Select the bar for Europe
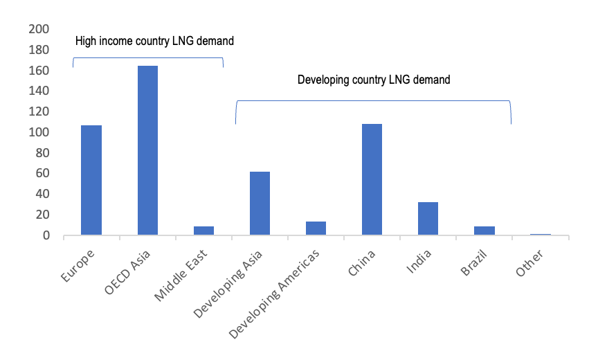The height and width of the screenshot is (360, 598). click(91, 180)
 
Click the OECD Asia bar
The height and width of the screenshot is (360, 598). click(147, 150)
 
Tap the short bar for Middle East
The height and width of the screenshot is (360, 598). click(203, 231)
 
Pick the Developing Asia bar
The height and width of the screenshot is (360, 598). click(260, 204)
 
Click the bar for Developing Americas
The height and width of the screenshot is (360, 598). click(316, 228)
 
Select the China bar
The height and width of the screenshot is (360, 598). click(372, 179)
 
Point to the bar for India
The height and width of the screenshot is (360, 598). click(428, 219)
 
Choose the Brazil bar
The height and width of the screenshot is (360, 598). click(484, 231)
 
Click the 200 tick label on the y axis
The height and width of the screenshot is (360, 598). click(39, 29)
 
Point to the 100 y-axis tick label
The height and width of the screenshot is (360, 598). click(39, 132)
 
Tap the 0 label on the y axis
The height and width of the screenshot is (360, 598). click(46, 235)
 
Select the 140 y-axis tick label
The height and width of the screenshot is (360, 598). click(39, 91)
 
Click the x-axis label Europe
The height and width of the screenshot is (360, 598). click(78, 266)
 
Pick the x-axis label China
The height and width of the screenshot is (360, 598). click(361, 263)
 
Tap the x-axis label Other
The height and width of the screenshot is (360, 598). click(529, 263)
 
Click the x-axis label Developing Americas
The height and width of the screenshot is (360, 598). click(274, 294)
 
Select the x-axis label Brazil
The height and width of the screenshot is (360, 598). click(474, 263)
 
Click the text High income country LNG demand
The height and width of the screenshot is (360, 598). click(154, 41)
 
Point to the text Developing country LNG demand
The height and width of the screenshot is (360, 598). click(374, 80)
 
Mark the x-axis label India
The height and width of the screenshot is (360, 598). click(419, 262)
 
